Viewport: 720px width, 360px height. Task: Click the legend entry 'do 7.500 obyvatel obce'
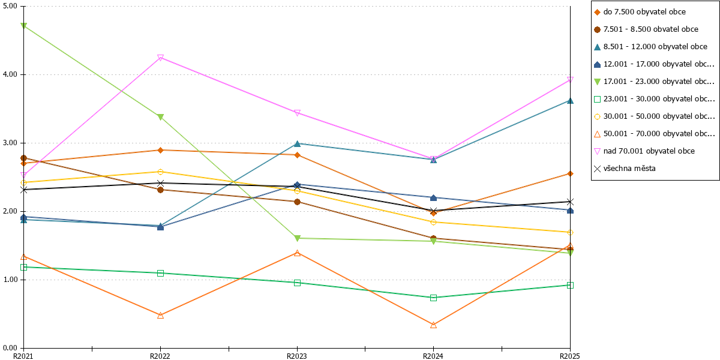click(644, 12)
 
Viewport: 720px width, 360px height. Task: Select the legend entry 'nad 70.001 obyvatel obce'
click(649, 151)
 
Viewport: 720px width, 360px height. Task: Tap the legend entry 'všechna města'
click(629, 169)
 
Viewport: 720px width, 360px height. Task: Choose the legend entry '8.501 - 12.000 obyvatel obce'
click(655, 47)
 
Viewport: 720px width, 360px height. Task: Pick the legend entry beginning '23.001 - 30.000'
click(659, 98)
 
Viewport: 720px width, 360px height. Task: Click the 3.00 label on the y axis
click(10, 143)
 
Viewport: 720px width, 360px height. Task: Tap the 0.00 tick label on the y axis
click(10, 348)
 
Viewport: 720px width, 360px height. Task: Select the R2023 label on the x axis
click(296, 356)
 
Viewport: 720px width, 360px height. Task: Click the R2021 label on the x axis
click(23, 356)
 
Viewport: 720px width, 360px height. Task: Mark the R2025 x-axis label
click(570, 356)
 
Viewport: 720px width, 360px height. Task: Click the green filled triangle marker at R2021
click(23, 26)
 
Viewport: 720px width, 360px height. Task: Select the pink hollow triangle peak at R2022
click(160, 58)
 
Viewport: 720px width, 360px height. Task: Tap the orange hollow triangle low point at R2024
click(433, 325)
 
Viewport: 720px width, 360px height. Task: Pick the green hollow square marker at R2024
click(433, 298)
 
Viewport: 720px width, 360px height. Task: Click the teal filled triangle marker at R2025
click(570, 101)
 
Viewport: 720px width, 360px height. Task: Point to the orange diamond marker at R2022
click(160, 150)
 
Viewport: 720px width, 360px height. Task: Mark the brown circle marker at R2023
click(298, 202)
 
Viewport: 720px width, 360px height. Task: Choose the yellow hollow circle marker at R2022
click(160, 172)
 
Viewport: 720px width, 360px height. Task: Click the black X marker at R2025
click(570, 202)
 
